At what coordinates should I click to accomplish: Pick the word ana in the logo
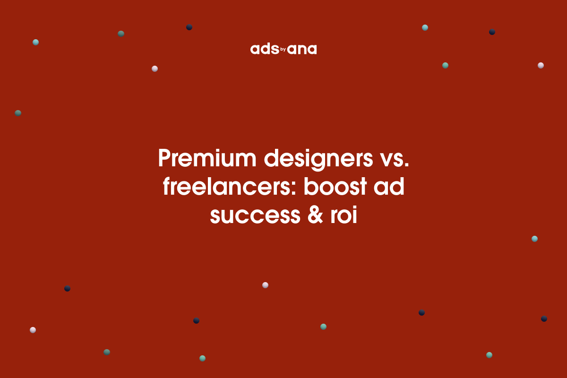point(302,50)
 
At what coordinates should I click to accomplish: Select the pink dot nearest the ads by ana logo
point(155,69)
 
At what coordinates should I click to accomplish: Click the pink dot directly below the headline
point(265,285)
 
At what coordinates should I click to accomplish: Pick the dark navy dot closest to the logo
point(189,27)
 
